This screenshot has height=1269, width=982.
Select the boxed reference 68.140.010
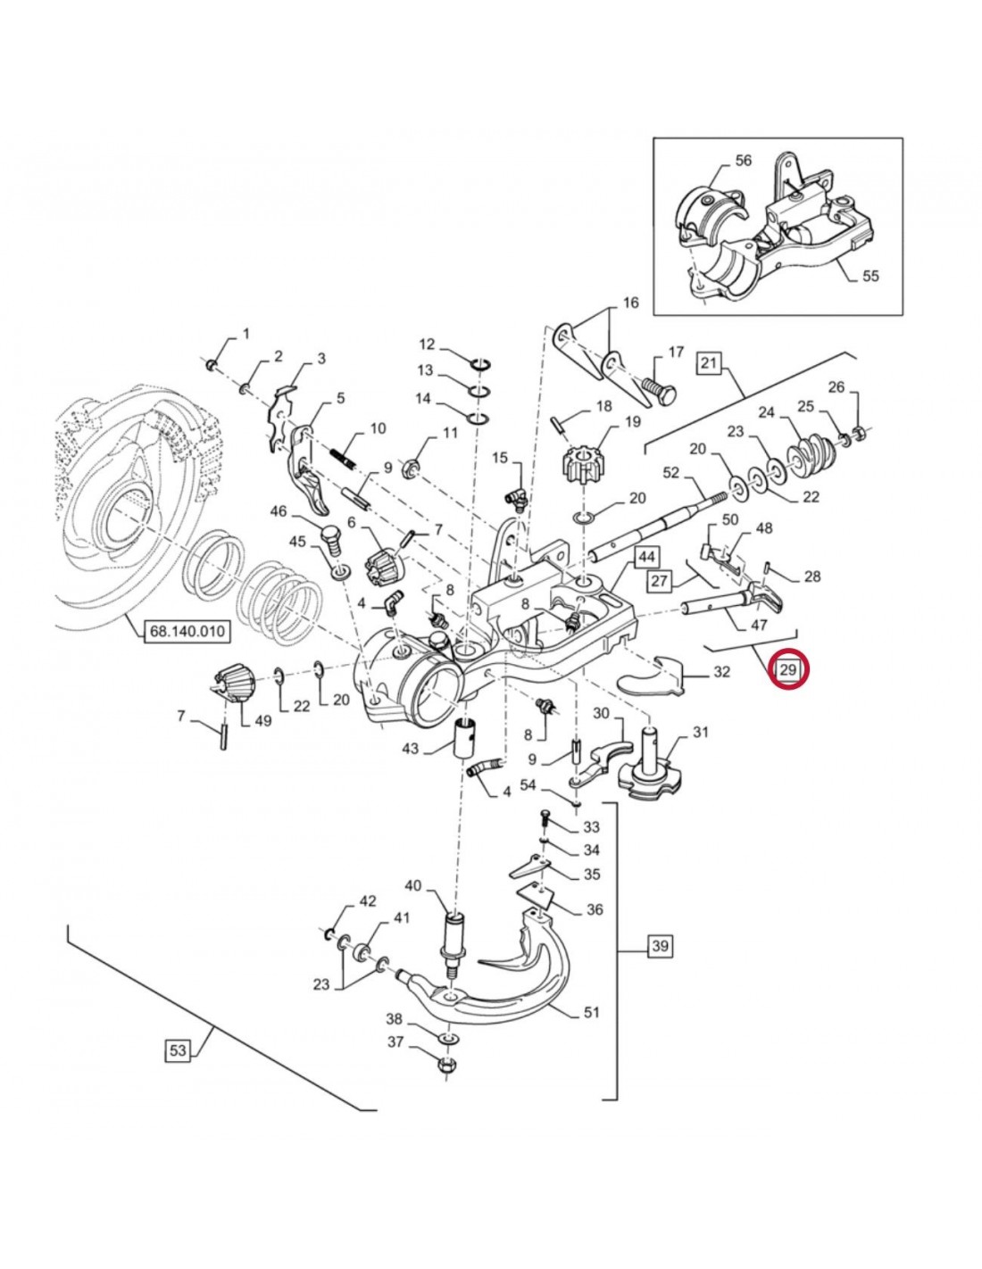(x=186, y=632)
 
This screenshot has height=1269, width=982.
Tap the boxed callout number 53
(x=178, y=1050)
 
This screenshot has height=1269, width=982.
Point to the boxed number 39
(x=659, y=946)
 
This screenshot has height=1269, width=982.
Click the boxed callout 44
(x=646, y=558)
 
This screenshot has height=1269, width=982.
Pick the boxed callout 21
(x=708, y=362)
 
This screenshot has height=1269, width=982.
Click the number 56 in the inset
(x=743, y=161)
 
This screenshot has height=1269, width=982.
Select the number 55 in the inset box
(x=870, y=275)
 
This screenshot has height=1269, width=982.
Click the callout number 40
(x=412, y=886)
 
